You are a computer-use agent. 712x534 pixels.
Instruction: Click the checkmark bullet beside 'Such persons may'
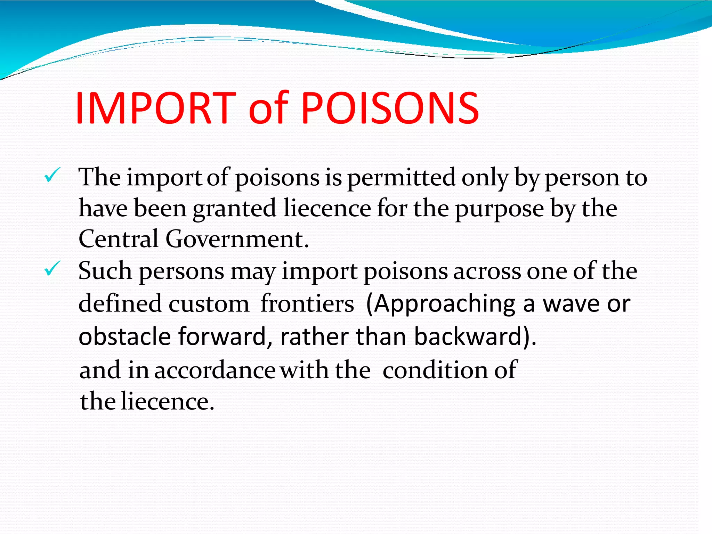point(52,269)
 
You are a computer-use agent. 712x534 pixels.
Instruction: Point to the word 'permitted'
point(401,178)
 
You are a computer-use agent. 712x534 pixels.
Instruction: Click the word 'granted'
point(234,209)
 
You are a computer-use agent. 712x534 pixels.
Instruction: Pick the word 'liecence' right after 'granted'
point(327,208)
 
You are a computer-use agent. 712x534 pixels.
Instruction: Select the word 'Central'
point(119,239)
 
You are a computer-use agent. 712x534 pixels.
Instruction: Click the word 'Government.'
point(237,239)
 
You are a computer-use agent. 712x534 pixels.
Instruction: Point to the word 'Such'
point(105,271)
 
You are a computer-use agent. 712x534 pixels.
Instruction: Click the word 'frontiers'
point(307,304)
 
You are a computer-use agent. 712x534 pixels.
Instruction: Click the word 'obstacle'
point(125,337)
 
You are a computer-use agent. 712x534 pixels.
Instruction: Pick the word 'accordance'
point(215,370)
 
